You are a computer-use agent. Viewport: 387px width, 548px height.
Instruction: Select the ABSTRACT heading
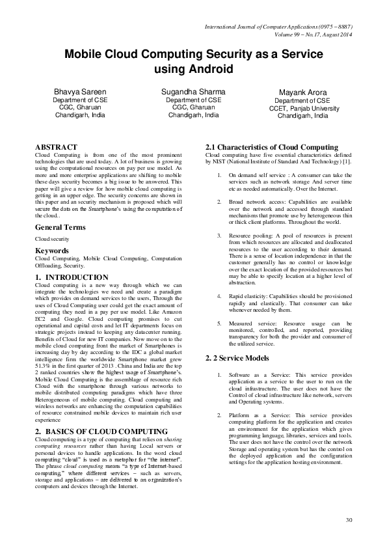coord(56,148)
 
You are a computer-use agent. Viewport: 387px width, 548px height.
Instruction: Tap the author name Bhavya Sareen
coord(76,92)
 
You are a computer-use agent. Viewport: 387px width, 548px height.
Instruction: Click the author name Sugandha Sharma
coord(193,92)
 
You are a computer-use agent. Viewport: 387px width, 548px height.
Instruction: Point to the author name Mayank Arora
coord(304,94)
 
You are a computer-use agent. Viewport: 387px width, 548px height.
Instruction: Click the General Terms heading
coord(60,227)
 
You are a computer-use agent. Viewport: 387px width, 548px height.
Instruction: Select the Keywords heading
coord(52,250)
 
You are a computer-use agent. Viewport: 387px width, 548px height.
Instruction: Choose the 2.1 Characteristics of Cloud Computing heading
coord(271,148)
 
